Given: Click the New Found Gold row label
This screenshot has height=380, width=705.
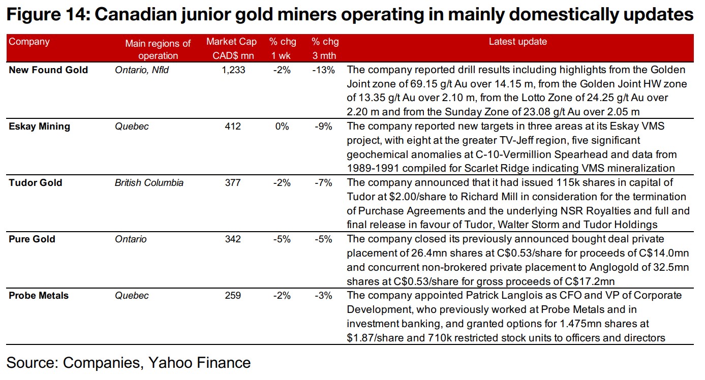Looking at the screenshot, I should [x=48, y=70].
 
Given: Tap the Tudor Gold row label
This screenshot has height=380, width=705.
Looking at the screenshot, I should [x=36, y=182].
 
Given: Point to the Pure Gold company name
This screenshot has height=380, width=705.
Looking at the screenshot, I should [x=32, y=239].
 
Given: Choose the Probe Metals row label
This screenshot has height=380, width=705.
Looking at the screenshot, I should [x=39, y=296].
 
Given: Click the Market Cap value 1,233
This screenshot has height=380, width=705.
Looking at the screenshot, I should [x=233, y=70].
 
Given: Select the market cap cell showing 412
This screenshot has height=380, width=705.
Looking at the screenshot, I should [x=233, y=126].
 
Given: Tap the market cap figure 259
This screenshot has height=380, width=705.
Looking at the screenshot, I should [x=233, y=296].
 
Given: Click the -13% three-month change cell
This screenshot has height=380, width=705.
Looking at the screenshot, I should [x=323, y=70].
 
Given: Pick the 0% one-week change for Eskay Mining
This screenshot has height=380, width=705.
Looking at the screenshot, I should [x=282, y=126].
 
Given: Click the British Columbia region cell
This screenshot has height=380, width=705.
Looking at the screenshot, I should [x=149, y=182].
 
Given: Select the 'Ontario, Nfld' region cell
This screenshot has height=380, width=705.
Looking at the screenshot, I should [x=142, y=70].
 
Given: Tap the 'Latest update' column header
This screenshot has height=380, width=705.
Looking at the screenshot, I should [x=517, y=42].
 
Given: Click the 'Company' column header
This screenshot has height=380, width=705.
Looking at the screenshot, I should [x=29, y=42].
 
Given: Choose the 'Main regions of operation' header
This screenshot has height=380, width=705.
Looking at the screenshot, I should [x=158, y=49].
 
